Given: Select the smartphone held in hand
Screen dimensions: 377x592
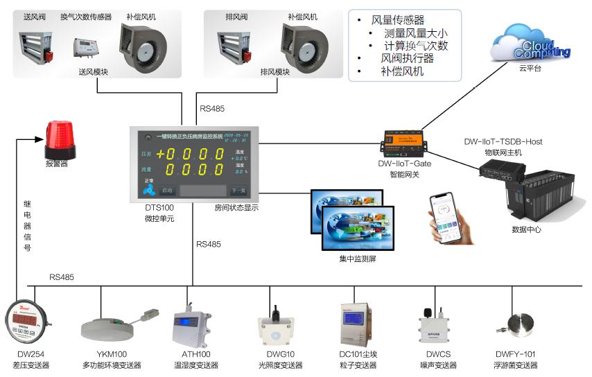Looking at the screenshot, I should (x=446, y=216).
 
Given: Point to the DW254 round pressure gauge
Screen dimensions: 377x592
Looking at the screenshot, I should (x=27, y=320).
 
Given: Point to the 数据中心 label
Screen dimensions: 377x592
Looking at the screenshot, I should (x=526, y=229).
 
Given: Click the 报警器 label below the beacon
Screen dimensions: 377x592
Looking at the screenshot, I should (x=57, y=165).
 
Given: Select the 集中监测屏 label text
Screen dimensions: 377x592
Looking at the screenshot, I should (x=358, y=259).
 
